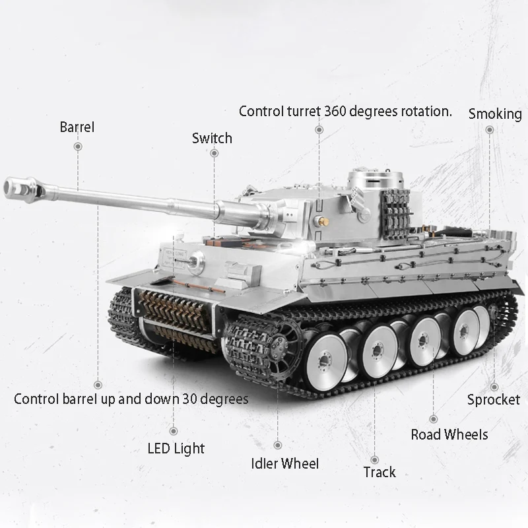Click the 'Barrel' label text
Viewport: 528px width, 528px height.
click(77, 127)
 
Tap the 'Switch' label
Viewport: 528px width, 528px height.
click(212, 138)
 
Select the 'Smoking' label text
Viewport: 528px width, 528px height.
click(495, 114)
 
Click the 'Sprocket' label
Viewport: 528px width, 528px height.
click(494, 399)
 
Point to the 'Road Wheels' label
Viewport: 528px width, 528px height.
click(449, 434)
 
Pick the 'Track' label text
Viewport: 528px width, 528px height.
click(379, 472)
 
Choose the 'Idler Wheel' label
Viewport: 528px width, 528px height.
click(285, 463)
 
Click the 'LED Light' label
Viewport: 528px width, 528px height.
click(176, 449)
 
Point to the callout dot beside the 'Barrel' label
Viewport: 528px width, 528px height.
click(78, 146)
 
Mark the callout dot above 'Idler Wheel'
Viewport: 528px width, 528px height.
click(278, 445)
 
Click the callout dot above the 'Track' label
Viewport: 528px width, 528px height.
click(374, 459)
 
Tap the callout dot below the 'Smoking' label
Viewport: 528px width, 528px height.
click(489, 130)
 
